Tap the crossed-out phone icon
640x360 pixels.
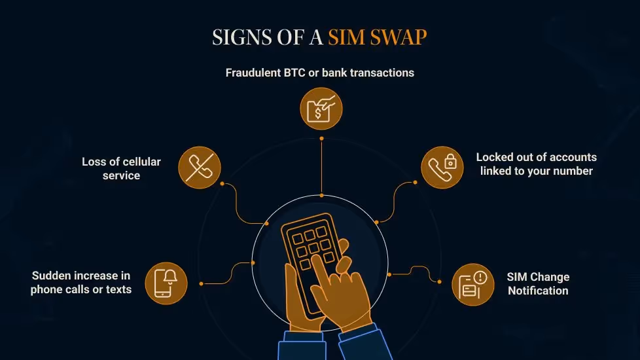[x=200, y=168]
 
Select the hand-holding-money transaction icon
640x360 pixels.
[x=321, y=109]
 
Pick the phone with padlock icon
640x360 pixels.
[x=442, y=168]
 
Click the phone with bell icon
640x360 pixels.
[x=166, y=283]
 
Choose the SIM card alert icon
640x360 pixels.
[x=473, y=284]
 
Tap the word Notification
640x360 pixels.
[x=538, y=291]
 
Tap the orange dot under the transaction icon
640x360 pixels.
[x=321, y=138]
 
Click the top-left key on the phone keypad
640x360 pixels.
[x=294, y=236]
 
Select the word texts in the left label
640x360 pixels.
[x=118, y=289]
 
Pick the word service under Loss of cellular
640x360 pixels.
[x=121, y=175]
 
